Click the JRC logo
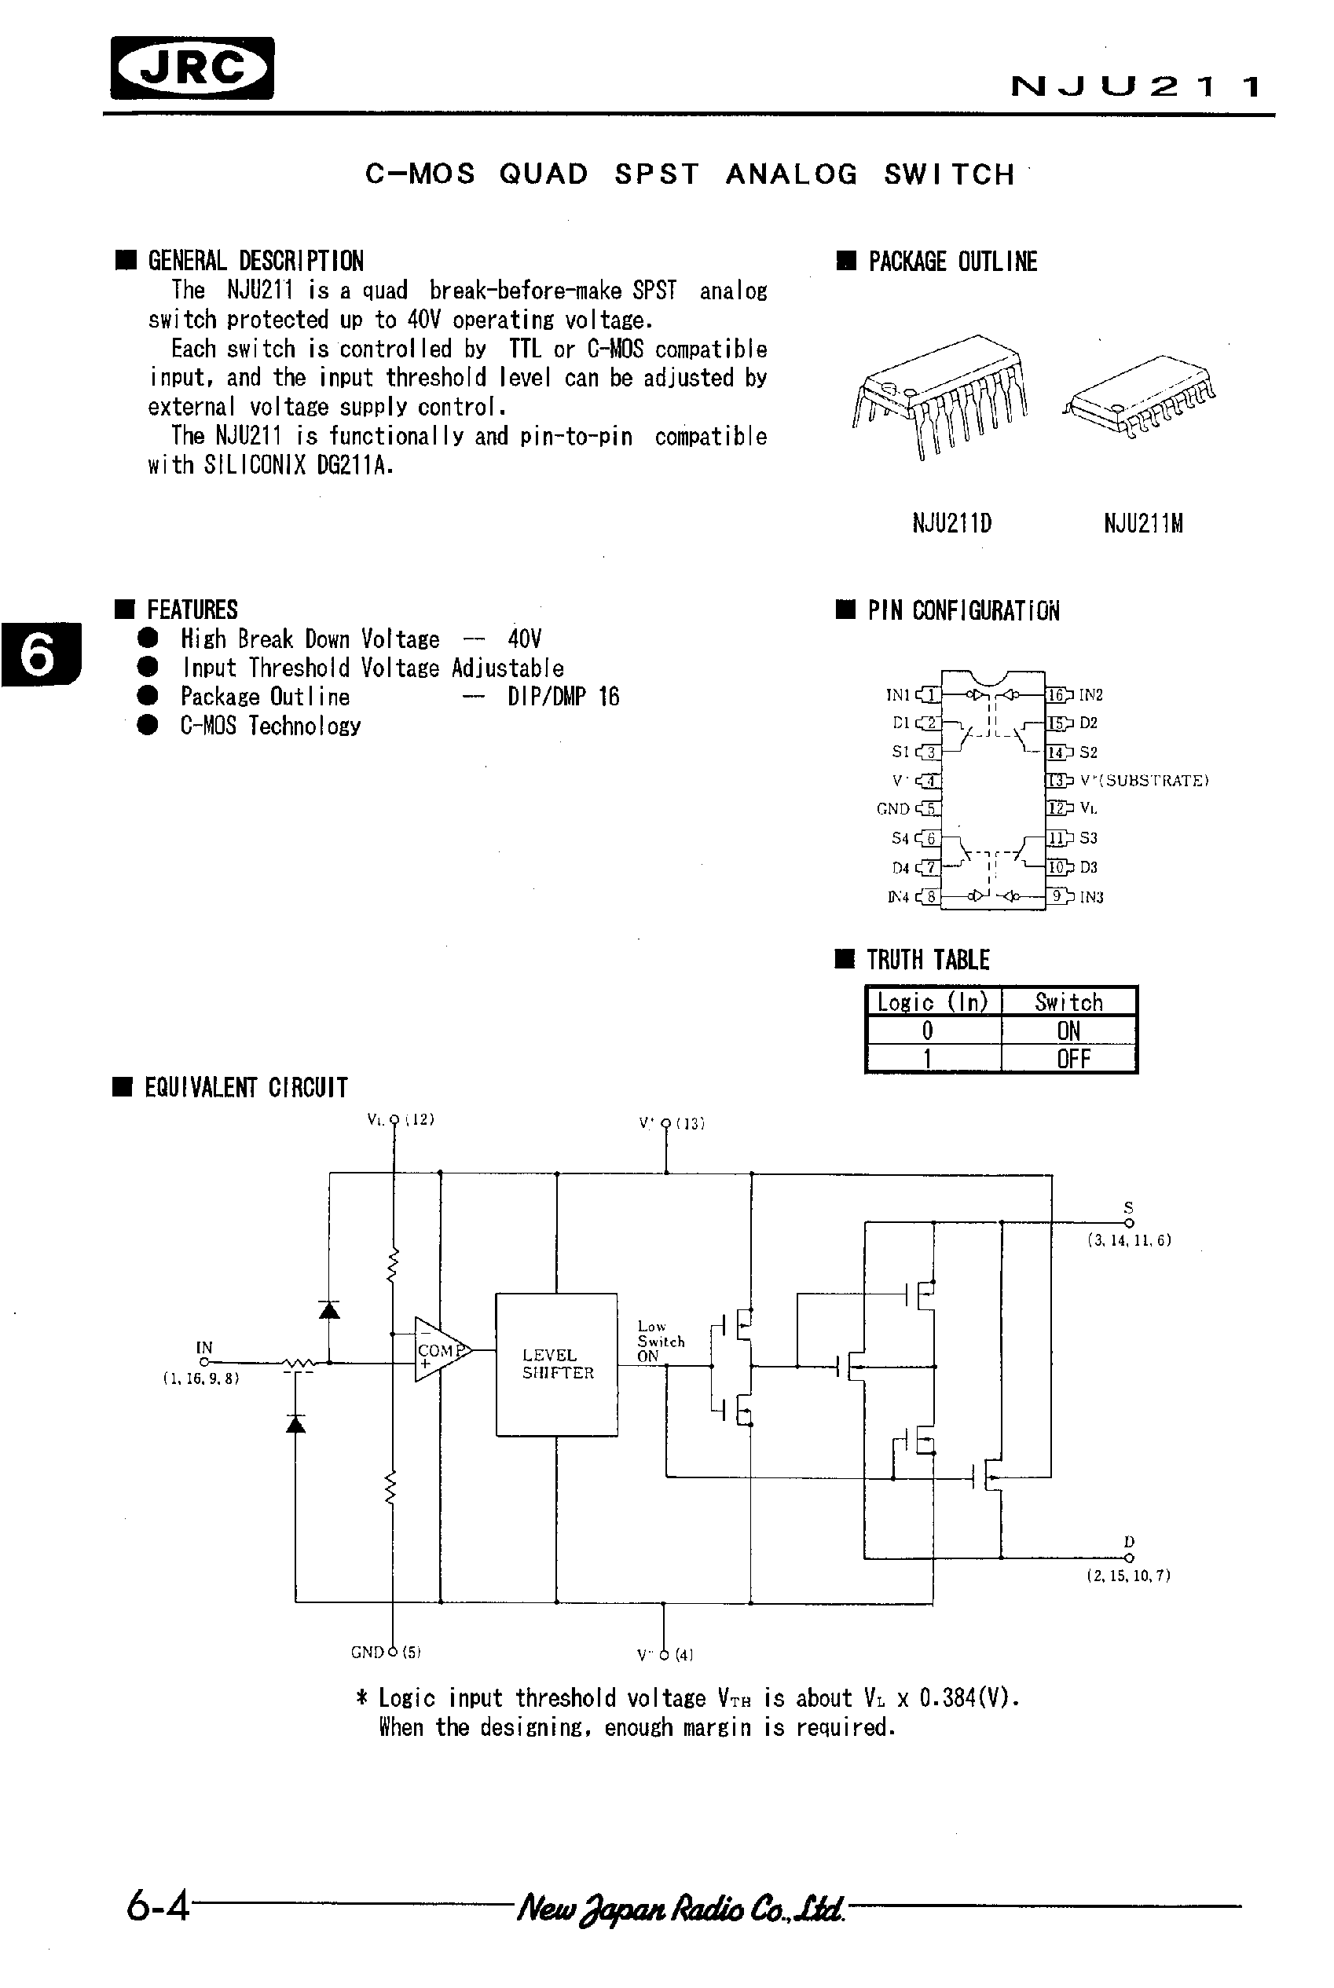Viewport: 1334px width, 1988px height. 192,68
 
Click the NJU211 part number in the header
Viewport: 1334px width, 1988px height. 1136,86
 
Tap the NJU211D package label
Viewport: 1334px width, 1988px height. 952,522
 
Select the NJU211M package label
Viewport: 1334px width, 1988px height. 1142,522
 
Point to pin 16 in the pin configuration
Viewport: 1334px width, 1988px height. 1057,695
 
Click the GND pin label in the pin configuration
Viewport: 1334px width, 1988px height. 893,809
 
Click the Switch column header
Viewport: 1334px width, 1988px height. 1068,1002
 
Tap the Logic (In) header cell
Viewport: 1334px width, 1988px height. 933,1002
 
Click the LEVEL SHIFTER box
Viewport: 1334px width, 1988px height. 557,1364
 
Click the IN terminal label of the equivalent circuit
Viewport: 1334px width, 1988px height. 204,1347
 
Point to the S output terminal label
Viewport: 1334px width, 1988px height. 1129,1208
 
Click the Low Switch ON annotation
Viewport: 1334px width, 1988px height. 660,1341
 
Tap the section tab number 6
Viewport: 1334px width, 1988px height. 39,654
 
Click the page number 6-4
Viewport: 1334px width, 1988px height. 157,1907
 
